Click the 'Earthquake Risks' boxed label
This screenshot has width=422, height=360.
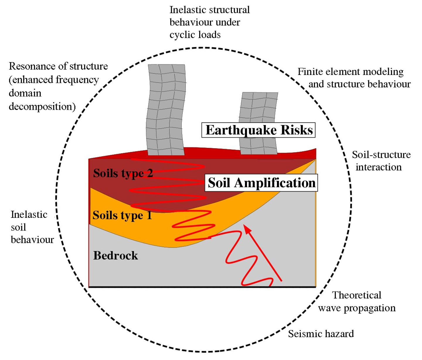(258, 130)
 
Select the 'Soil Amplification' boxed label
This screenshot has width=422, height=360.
(261, 183)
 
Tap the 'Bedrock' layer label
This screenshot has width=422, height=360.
(115, 256)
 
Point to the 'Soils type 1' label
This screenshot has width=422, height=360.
(122, 215)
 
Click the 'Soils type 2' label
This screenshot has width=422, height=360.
(123, 173)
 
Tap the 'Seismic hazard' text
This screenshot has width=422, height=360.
(321, 334)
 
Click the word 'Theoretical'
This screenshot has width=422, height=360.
(357, 295)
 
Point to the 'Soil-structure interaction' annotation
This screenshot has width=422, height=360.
(381, 161)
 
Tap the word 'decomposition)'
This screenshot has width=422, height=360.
(42, 106)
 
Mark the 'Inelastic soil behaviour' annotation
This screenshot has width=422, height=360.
(32, 227)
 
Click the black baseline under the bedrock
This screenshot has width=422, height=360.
(202, 287)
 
